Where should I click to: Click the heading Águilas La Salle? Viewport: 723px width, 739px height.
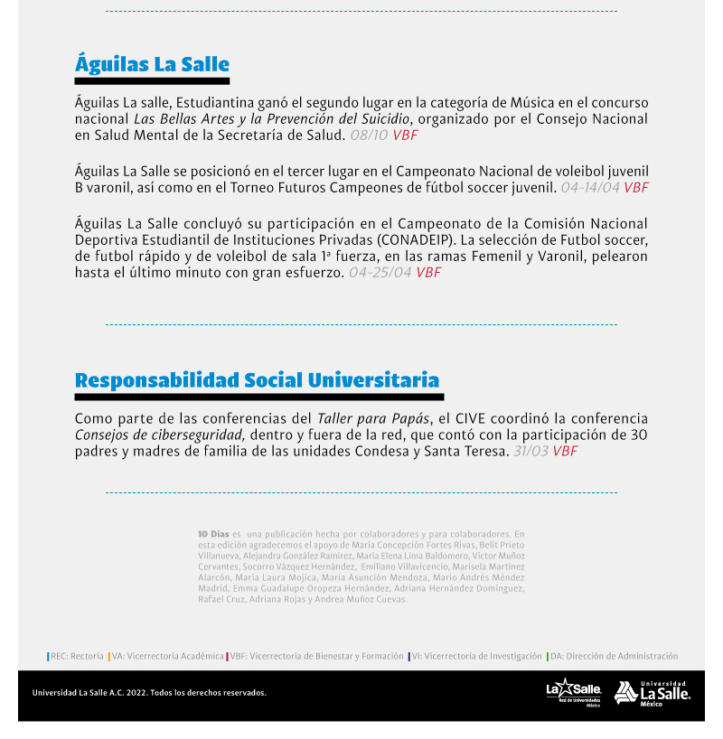click(152, 65)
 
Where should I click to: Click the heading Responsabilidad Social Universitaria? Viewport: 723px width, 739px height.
click(257, 380)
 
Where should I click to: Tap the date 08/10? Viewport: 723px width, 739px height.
click(369, 136)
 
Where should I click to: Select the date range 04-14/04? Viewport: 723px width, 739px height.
click(590, 188)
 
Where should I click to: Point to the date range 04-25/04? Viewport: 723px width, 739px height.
click(380, 272)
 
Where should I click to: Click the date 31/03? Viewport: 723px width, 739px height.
click(531, 451)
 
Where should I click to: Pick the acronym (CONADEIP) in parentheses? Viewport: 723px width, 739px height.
click(409, 239)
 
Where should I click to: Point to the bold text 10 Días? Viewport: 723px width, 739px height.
click(213, 534)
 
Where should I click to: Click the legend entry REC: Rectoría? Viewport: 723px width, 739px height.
click(76, 657)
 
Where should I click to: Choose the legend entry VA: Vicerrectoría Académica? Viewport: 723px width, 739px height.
click(167, 657)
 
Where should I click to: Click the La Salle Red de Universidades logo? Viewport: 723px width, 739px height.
click(573, 692)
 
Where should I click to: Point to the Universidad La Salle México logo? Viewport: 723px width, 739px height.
click(652, 693)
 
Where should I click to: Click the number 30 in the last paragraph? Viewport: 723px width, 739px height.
click(639, 435)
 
